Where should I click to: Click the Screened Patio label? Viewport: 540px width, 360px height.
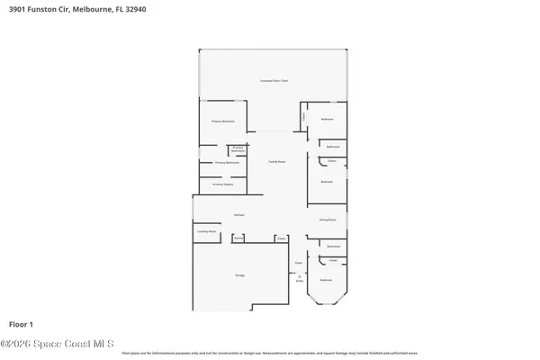click(274, 81)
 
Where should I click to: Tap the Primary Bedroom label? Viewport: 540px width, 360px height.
click(223, 120)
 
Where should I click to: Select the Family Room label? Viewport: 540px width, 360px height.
click(276, 162)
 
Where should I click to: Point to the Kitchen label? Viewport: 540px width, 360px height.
click(239, 215)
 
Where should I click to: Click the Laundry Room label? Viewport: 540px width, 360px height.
click(207, 231)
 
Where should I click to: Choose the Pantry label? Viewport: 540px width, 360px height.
click(238, 238)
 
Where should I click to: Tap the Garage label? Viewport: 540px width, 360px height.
click(240, 274)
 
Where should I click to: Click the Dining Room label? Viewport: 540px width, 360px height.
click(327, 219)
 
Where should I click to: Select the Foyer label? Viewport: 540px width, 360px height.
click(299, 264)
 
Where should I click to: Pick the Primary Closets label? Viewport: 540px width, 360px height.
click(223, 184)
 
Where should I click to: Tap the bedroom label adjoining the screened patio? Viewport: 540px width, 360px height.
click(328, 120)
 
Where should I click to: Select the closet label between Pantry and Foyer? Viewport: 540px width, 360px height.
click(282, 238)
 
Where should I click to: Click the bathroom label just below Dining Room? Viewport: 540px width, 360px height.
click(333, 246)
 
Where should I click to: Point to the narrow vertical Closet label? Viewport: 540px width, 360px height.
click(304, 116)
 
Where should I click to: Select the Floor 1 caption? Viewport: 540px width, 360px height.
click(22, 322)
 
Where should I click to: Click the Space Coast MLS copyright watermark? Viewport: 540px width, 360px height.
click(56, 344)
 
